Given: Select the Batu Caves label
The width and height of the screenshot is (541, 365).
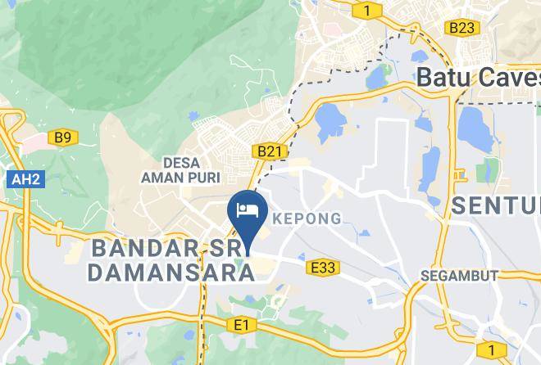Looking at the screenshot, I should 479,78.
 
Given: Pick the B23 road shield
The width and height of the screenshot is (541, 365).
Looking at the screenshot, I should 461,27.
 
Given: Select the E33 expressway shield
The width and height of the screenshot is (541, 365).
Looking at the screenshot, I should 323,266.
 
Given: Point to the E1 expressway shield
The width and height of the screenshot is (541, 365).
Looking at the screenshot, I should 240,326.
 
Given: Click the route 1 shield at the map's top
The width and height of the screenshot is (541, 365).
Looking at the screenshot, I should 369,10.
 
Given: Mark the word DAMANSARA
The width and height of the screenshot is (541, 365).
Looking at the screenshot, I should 170,273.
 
